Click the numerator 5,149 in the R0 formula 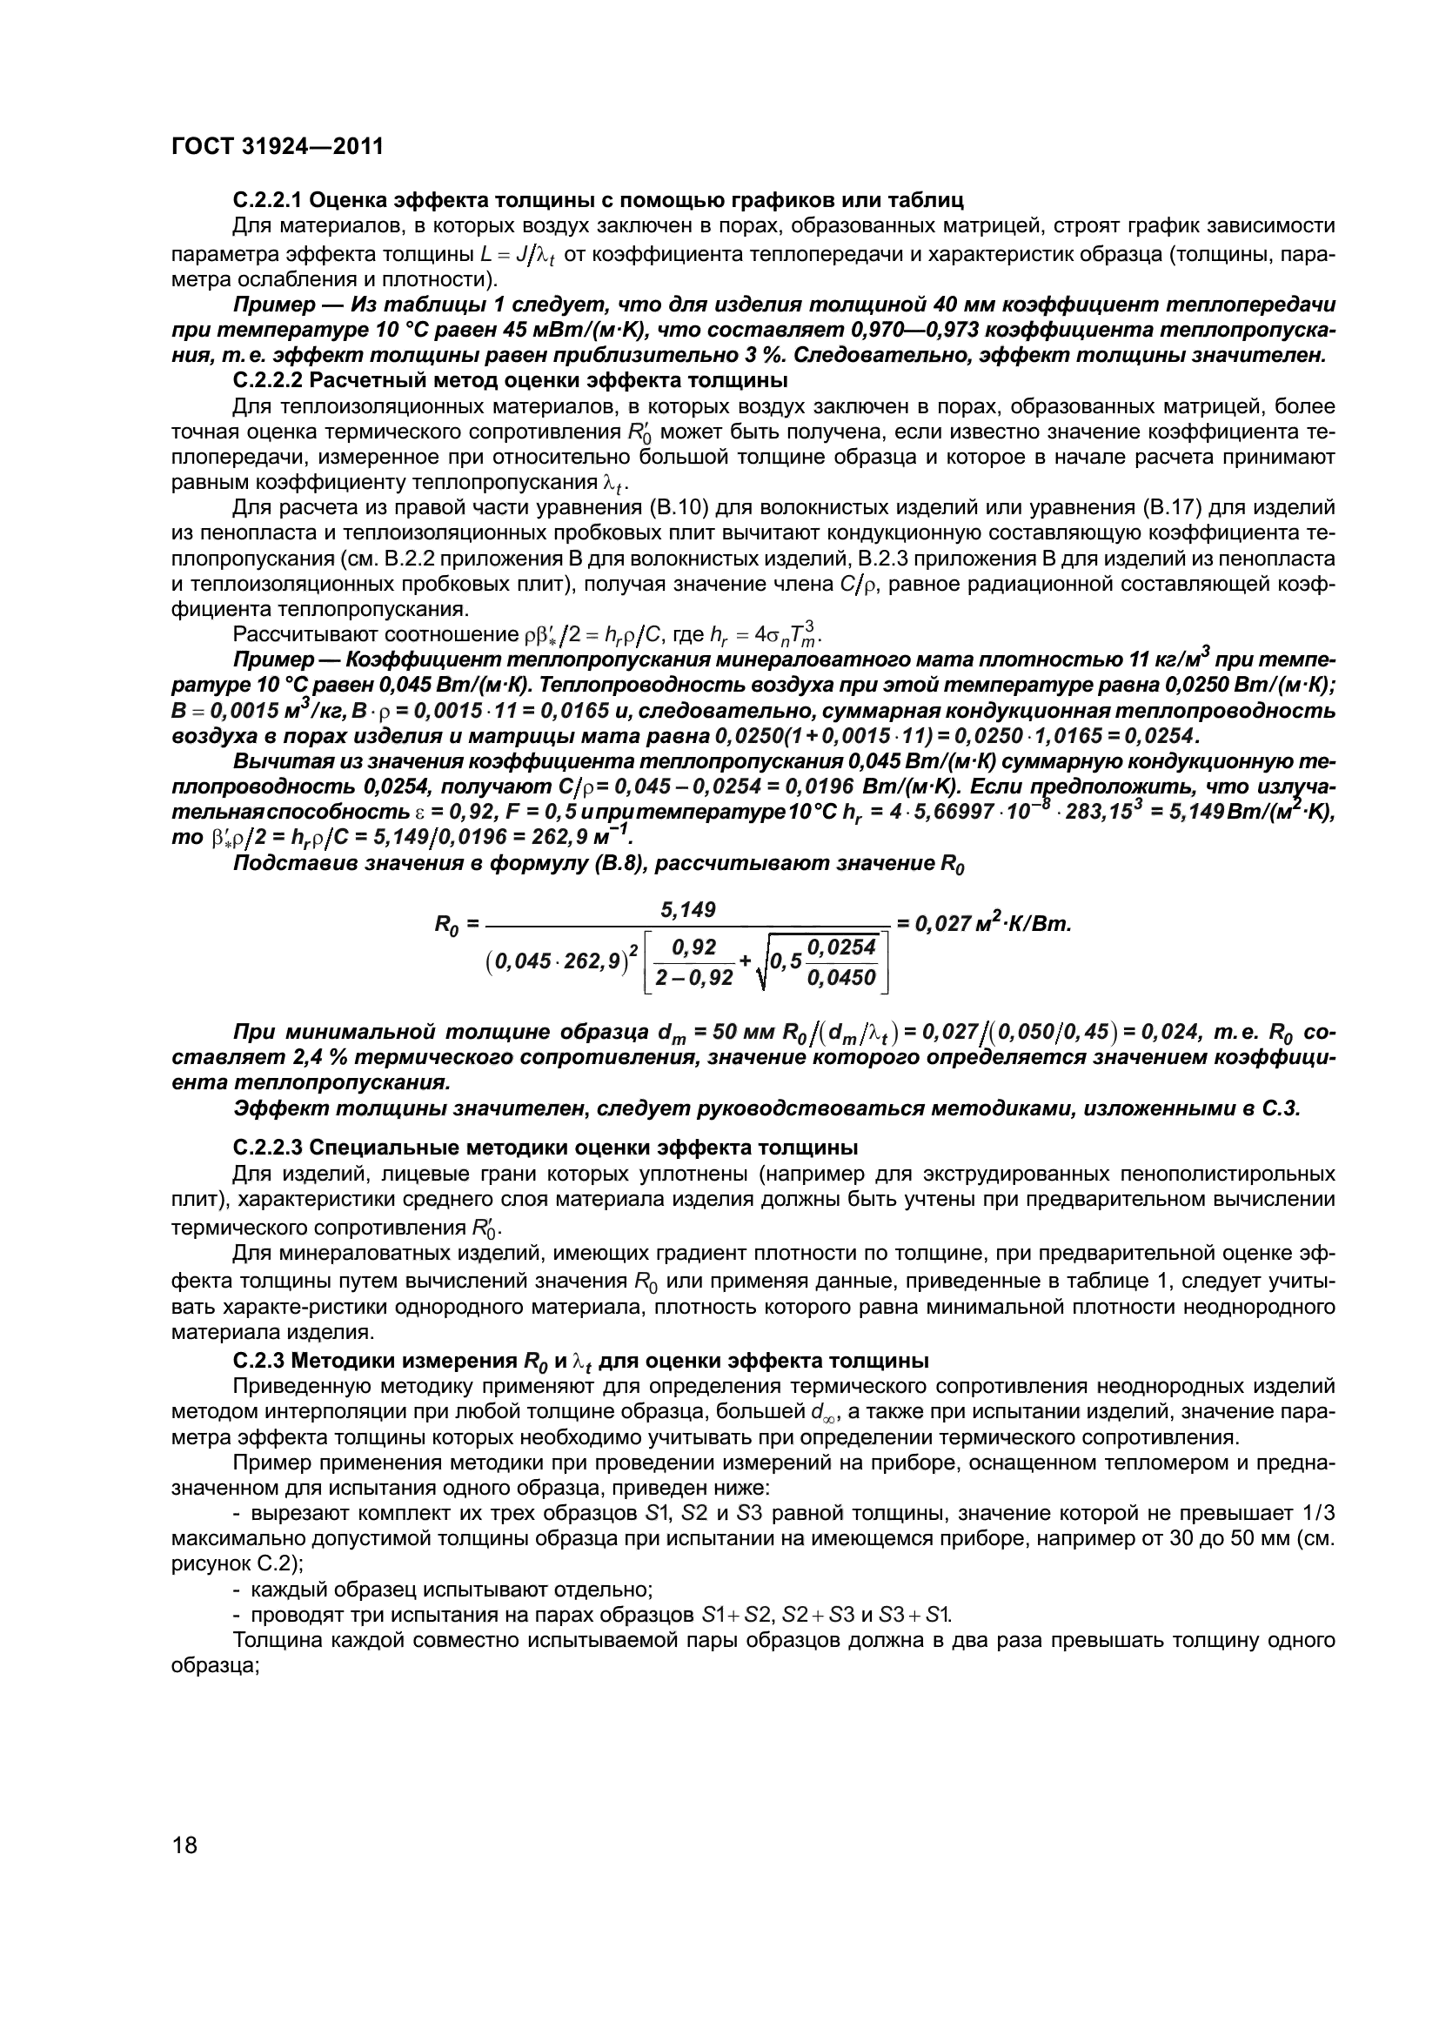[688, 910]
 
